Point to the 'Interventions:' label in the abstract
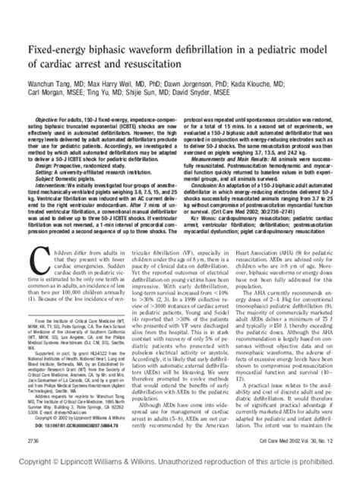click(55, 182)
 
